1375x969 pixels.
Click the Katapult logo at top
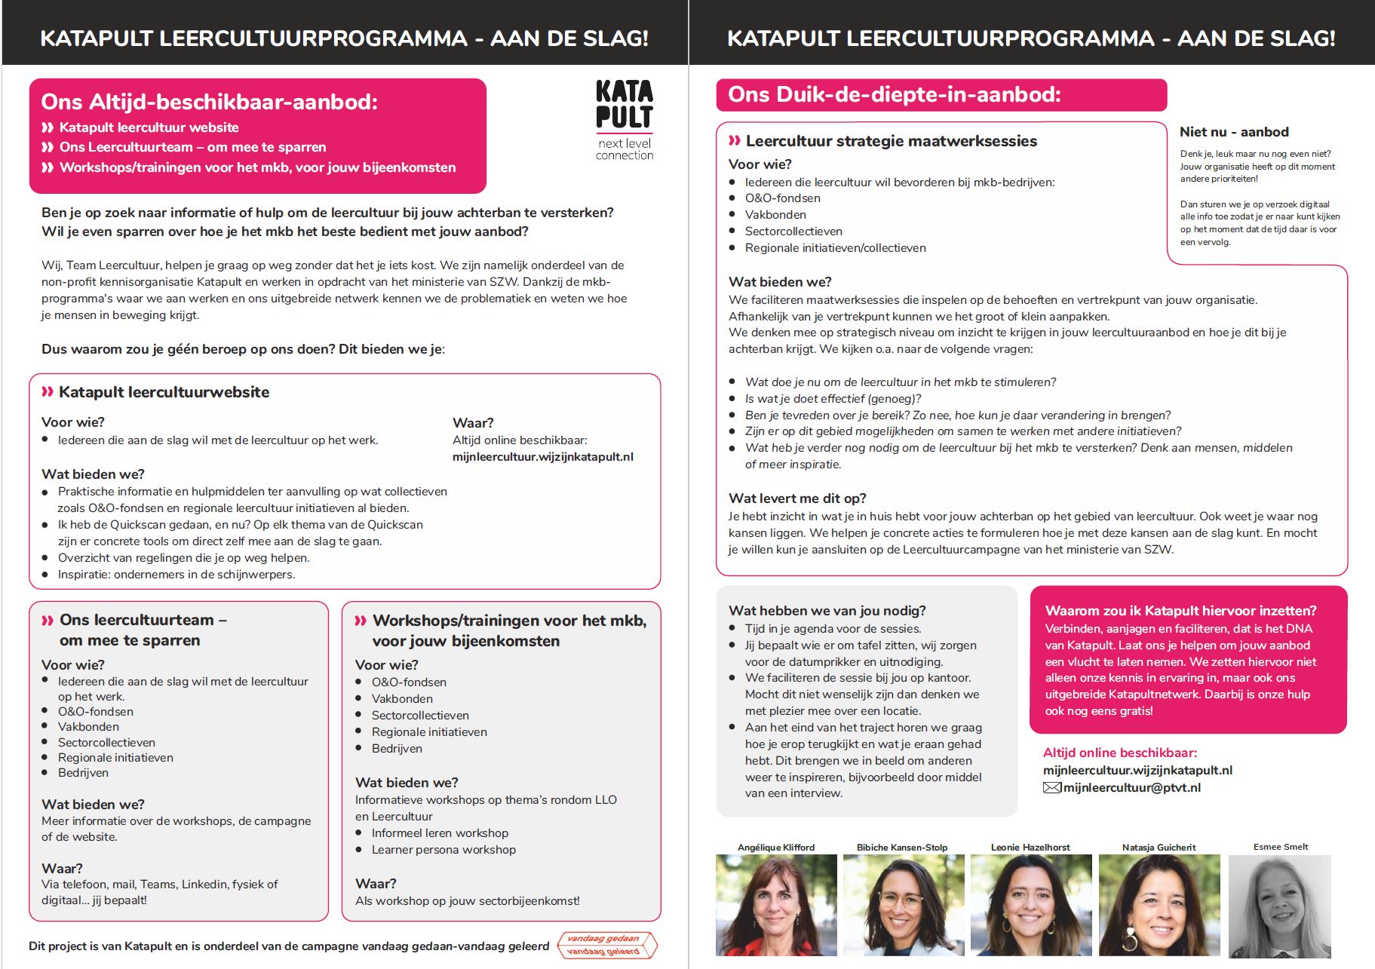(x=624, y=119)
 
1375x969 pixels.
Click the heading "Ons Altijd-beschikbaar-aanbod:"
(x=209, y=102)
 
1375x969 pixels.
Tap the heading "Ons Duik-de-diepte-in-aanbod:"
(x=894, y=94)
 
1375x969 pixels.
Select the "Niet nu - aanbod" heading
(x=1234, y=132)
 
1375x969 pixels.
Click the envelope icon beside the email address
(x=1051, y=788)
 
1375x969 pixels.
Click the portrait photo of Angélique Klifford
(x=776, y=905)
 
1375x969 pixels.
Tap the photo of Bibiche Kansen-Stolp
(x=903, y=905)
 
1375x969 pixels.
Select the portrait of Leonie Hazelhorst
(x=1030, y=905)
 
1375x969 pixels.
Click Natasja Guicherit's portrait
(x=1159, y=905)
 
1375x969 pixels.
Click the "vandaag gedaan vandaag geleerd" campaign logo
(x=606, y=945)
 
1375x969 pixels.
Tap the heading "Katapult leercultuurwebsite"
(x=164, y=392)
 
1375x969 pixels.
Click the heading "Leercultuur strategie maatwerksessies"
(x=891, y=141)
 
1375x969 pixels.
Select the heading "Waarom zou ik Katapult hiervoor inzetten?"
(x=1180, y=611)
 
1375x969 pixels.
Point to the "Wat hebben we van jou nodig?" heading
(x=827, y=611)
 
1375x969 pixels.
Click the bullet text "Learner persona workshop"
(x=443, y=850)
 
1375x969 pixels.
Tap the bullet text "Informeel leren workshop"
(x=440, y=833)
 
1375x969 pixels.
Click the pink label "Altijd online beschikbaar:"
(x=1119, y=753)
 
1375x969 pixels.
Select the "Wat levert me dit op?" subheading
(x=797, y=498)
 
